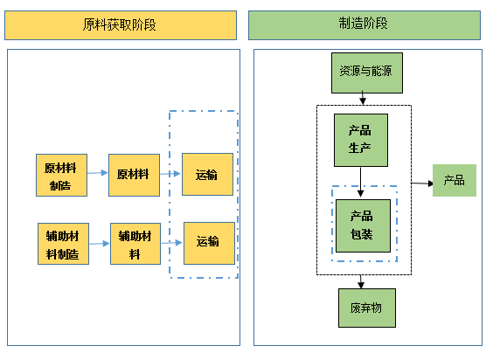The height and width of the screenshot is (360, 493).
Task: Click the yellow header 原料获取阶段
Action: [x=121, y=25]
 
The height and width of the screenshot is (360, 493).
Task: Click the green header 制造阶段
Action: [x=365, y=25]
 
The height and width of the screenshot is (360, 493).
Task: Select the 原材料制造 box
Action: [x=61, y=175]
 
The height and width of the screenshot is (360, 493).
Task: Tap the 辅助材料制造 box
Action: [x=63, y=244]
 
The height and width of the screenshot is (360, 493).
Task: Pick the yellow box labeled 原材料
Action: [x=135, y=175]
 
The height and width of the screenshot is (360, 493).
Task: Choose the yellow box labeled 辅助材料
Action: [x=135, y=244]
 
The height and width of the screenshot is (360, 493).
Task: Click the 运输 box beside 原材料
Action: [x=207, y=175]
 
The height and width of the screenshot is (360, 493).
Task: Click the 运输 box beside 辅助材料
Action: [x=209, y=244]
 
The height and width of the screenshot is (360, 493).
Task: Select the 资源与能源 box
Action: [x=367, y=73]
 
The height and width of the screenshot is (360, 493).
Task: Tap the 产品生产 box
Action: [x=361, y=140]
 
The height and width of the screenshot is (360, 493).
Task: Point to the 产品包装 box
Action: [x=363, y=225]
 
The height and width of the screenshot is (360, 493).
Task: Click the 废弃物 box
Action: [x=367, y=308]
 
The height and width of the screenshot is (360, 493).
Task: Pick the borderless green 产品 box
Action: [x=455, y=181]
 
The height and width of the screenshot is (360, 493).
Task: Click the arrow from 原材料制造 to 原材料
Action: [x=98, y=173]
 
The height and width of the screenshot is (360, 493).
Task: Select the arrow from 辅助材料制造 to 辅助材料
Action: [x=100, y=244]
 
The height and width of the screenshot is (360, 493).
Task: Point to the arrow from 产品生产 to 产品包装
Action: [x=361, y=183]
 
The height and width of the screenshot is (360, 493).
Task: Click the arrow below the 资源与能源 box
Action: [x=363, y=98]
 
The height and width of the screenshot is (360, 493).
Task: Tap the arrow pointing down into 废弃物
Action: [x=361, y=281]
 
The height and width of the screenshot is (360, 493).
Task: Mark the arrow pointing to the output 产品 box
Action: [x=422, y=183]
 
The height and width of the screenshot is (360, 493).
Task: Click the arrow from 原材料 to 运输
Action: [x=170, y=174]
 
